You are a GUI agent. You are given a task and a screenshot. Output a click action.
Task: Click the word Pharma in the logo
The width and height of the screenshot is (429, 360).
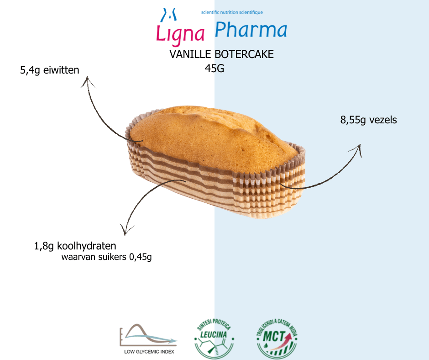[251, 30]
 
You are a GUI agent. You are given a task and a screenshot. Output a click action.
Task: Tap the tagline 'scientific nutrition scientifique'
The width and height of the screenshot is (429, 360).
[232, 12]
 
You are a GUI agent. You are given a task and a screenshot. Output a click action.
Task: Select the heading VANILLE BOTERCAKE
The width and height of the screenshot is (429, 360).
[221, 55]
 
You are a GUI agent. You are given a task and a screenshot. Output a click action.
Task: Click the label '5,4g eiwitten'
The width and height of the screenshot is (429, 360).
[50, 70]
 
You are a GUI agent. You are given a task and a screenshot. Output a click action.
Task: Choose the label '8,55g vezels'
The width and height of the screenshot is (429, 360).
[368, 120]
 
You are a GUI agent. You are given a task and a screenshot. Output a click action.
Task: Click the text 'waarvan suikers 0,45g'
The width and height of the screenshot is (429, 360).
[106, 257]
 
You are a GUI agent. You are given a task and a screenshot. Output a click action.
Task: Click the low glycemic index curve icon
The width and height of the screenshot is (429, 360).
[147, 336]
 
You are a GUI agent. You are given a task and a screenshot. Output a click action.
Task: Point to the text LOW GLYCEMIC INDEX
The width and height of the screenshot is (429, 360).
[149, 352]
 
